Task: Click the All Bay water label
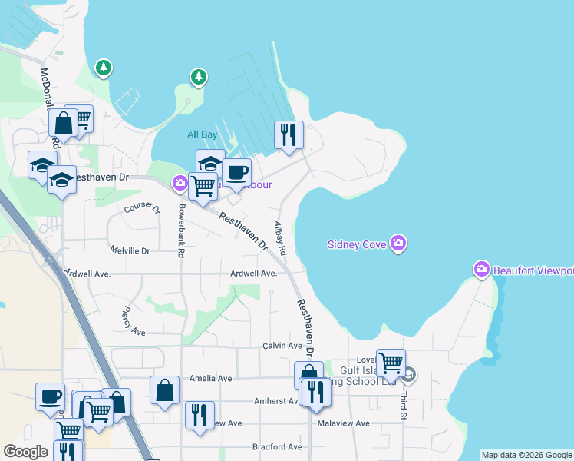203,134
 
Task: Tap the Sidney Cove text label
357,245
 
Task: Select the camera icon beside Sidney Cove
398,244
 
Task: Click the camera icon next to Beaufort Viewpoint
482,270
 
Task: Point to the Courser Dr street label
142,207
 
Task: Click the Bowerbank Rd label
182,231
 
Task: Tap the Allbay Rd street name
280,239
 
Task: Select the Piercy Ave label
133,321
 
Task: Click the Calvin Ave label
282,346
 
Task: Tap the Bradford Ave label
277,446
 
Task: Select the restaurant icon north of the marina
289,134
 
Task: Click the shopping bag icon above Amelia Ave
165,390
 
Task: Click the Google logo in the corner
25,452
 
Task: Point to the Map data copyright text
526,455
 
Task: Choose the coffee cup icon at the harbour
237,172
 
